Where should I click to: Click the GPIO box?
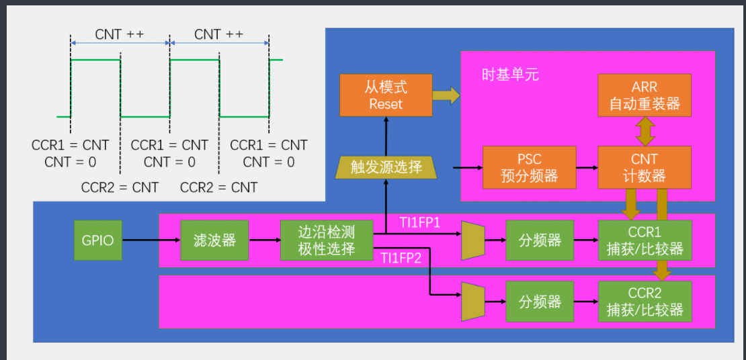click(98, 240)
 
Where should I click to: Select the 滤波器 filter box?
click(214, 240)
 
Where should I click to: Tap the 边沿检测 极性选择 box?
click(326, 240)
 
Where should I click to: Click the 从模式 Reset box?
click(385, 95)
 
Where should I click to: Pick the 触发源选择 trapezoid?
click(386, 167)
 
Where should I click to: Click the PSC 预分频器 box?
click(530, 167)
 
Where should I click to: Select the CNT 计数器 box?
click(645, 167)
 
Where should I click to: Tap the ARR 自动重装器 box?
click(645, 95)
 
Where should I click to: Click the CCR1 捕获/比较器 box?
click(645, 240)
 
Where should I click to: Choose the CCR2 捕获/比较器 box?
click(645, 301)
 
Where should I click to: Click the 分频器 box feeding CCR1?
click(540, 240)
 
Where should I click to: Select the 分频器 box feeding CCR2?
click(540, 301)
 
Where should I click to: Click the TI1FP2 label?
click(401, 257)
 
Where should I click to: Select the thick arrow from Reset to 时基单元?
click(446, 95)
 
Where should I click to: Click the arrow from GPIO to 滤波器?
click(152, 240)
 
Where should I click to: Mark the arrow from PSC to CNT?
click(587, 167)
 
